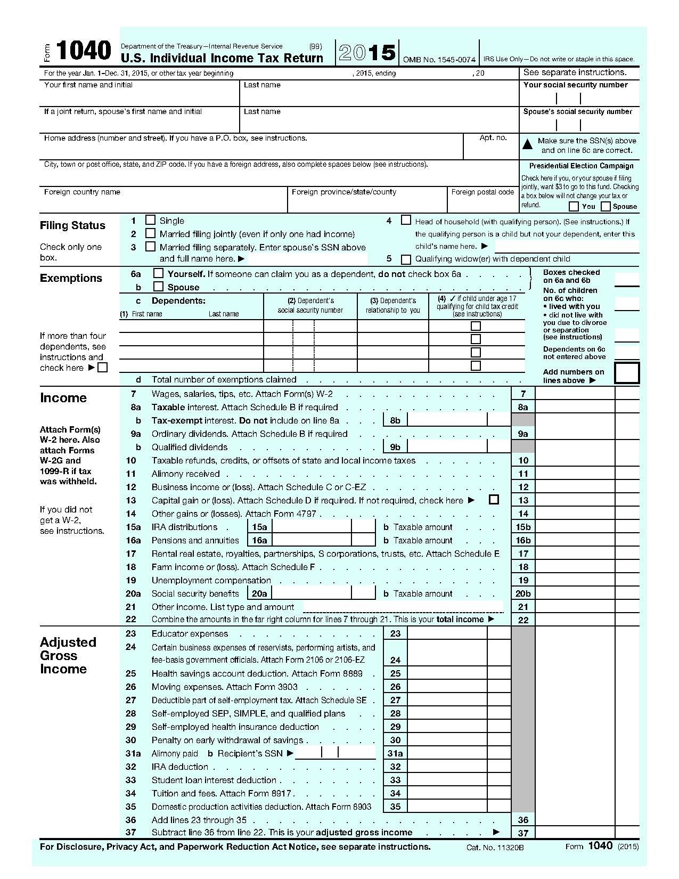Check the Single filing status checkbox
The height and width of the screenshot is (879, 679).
coord(151,220)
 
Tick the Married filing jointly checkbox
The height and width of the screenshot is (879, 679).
coord(151,233)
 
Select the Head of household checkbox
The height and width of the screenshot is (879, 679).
coord(406,220)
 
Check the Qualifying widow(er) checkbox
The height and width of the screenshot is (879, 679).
coord(406,259)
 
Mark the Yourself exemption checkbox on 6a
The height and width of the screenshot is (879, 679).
coord(158,273)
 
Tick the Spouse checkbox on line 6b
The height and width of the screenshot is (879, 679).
coord(158,287)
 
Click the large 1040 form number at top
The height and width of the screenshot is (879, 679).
coord(84,51)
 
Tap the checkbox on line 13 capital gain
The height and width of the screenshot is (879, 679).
coord(494,500)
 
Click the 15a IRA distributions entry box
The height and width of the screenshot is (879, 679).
coord(311,527)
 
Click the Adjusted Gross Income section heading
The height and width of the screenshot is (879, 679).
coord(68,655)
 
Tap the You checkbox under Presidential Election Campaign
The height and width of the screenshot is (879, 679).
coord(574,207)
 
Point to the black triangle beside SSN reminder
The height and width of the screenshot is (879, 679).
coord(527,144)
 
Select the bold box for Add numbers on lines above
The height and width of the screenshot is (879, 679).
coord(627,373)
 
